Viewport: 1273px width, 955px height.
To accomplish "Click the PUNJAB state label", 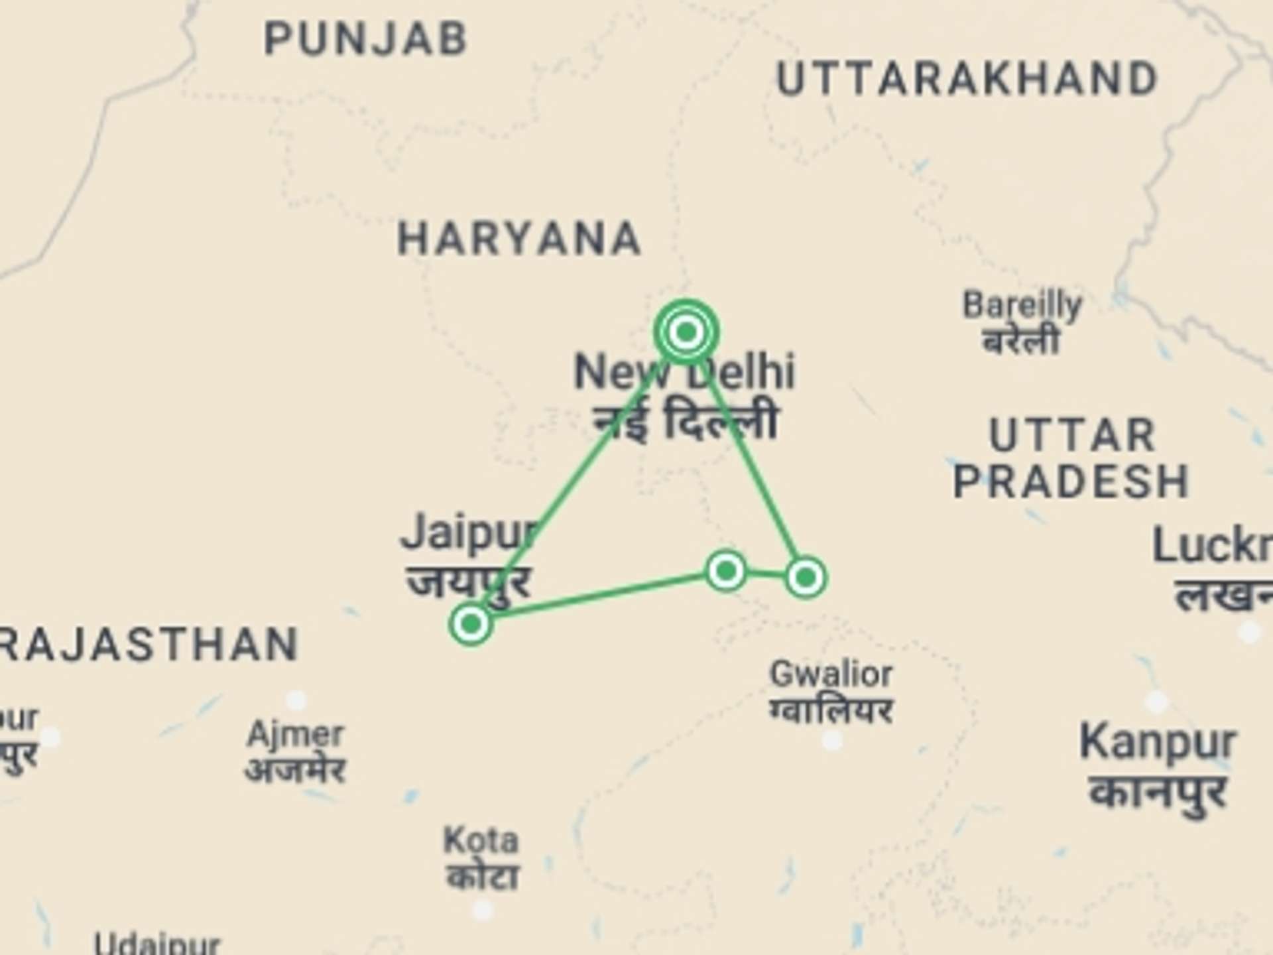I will [x=365, y=38].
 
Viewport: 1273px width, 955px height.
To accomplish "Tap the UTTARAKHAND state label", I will [x=967, y=79].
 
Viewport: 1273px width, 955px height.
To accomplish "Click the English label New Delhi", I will [x=684, y=372].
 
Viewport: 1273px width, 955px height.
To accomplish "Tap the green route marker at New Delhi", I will [x=686, y=331].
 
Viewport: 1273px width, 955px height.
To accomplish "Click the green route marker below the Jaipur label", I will [x=471, y=623].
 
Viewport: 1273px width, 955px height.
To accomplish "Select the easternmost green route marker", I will [x=806, y=577].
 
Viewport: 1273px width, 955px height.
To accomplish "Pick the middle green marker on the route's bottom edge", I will [x=726, y=570].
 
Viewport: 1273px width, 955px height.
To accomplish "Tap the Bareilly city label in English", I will [x=1022, y=305].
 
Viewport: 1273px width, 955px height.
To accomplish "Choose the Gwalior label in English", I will [x=831, y=674].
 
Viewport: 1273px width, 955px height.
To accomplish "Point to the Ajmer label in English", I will [x=295, y=734].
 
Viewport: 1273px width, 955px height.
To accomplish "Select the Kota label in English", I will [x=481, y=840].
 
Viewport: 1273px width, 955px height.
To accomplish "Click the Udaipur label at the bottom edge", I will [x=156, y=944].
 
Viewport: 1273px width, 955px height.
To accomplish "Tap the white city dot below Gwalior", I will [x=832, y=739].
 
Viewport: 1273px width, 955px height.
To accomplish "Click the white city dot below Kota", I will [x=483, y=910].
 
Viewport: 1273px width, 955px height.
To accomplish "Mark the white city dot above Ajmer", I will [x=296, y=699].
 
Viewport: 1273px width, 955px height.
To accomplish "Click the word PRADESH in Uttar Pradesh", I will [x=1071, y=481].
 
